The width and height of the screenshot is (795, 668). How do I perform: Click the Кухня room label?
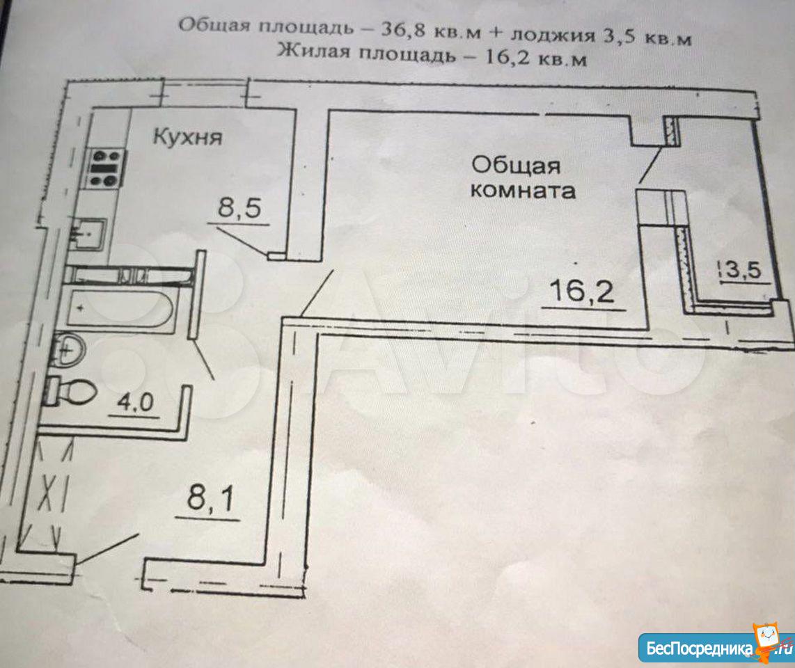tap(187, 137)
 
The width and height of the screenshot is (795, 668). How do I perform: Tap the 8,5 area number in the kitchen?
tap(239, 207)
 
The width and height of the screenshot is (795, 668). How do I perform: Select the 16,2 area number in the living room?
tap(581, 291)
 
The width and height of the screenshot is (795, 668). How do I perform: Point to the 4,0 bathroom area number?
tap(135, 402)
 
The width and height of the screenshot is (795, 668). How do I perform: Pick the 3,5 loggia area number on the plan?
tap(743, 269)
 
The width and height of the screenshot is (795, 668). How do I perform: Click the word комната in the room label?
tap(523, 191)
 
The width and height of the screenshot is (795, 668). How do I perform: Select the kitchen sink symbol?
tap(88, 234)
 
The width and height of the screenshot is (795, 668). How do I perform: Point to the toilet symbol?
tap(70, 391)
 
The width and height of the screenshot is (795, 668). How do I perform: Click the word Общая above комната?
tap(516, 165)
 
